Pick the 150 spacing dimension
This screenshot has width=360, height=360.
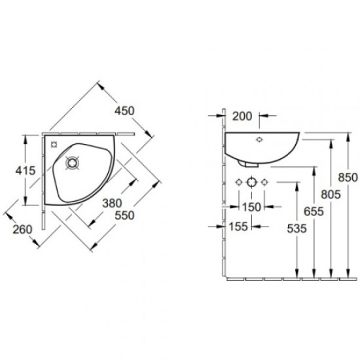coord(251,206)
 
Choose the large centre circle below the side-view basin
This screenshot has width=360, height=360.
coord(252,181)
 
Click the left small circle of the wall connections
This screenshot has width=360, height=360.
coord(239,181)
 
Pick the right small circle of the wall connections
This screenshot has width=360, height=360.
coord(265,181)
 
